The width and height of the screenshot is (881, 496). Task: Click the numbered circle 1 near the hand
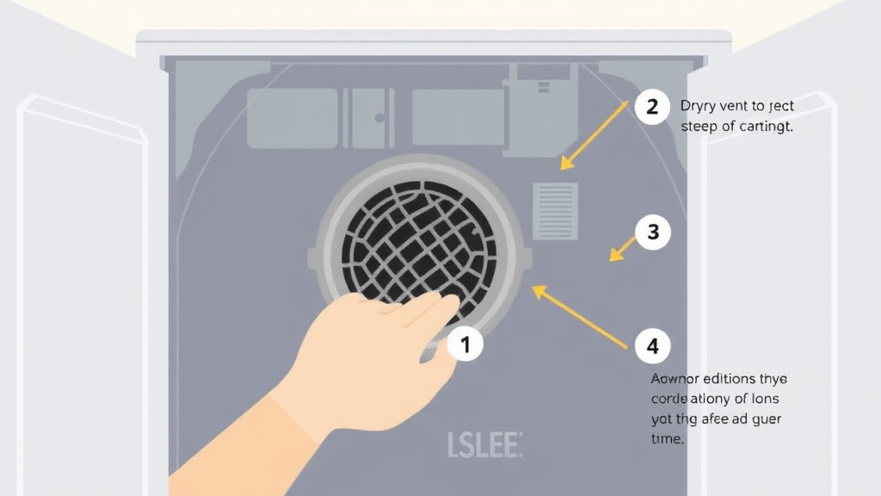[465, 345]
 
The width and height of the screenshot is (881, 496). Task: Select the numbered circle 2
[652, 108]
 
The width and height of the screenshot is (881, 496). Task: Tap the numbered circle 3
[652, 232]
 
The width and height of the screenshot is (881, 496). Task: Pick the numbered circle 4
[652, 346]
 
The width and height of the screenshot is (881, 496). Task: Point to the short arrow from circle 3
[623, 248]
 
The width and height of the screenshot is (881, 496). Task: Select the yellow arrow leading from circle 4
[580, 318]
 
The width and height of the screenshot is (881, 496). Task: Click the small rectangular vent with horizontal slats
[556, 210]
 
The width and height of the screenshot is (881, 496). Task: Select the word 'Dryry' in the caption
[698, 107]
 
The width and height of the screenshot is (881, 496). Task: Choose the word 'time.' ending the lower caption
[668, 438]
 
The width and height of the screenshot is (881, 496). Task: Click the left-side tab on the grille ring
[313, 257]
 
